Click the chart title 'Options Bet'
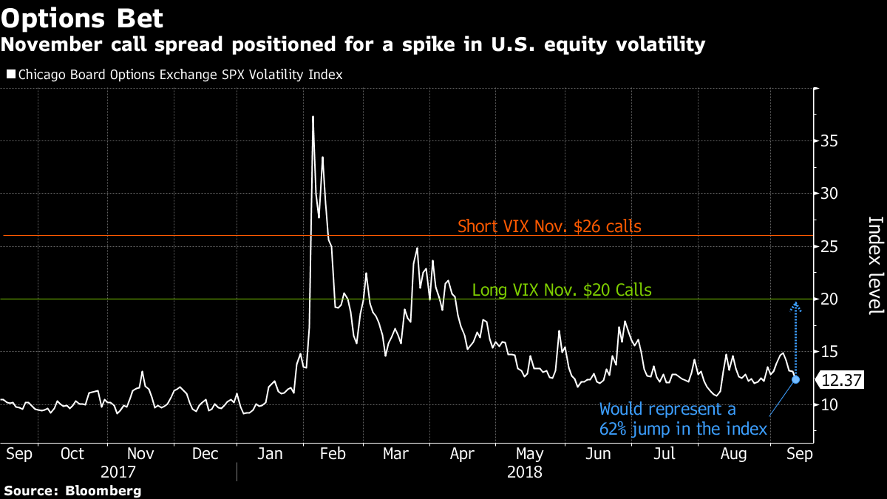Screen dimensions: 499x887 click(x=82, y=16)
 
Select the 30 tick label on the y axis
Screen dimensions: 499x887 click(x=830, y=194)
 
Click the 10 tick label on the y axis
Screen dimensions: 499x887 click(x=830, y=404)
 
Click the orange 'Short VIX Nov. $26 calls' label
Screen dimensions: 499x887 click(x=549, y=226)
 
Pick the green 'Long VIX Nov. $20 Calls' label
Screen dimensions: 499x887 click(x=562, y=290)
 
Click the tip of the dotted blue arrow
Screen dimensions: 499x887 click(x=796, y=303)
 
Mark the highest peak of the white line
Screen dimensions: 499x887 click(x=313, y=117)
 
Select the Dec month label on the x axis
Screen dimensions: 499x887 click(x=205, y=453)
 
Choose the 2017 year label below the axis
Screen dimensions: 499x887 click(x=119, y=471)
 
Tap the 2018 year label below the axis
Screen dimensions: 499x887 click(x=525, y=471)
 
